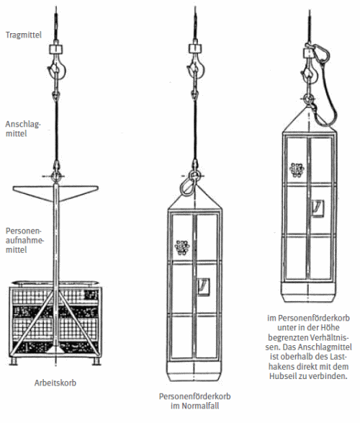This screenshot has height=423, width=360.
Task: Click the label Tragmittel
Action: pyautogui.click(x=24, y=35)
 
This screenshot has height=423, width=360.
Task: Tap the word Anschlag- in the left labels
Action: pyautogui.click(x=23, y=124)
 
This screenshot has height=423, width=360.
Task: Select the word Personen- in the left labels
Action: pyautogui.click(x=24, y=231)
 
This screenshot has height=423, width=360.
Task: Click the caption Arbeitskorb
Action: pyautogui.click(x=55, y=383)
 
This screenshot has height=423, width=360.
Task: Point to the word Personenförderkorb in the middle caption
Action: pyautogui.click(x=194, y=396)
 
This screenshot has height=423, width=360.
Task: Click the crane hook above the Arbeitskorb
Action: pyautogui.click(x=57, y=70)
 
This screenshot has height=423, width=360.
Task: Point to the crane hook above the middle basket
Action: pyautogui.click(x=196, y=70)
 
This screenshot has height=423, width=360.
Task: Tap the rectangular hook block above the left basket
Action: pyautogui.click(x=55, y=49)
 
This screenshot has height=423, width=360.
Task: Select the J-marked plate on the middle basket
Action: pyautogui.click(x=204, y=288)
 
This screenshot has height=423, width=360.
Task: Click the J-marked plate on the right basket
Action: pyautogui.click(x=318, y=208)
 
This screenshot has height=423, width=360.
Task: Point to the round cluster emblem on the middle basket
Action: pyautogui.click(x=182, y=247)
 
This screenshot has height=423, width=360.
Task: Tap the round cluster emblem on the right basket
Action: pyautogui.click(x=297, y=170)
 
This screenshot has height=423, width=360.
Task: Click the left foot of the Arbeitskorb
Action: pyautogui.click(x=12, y=361)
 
